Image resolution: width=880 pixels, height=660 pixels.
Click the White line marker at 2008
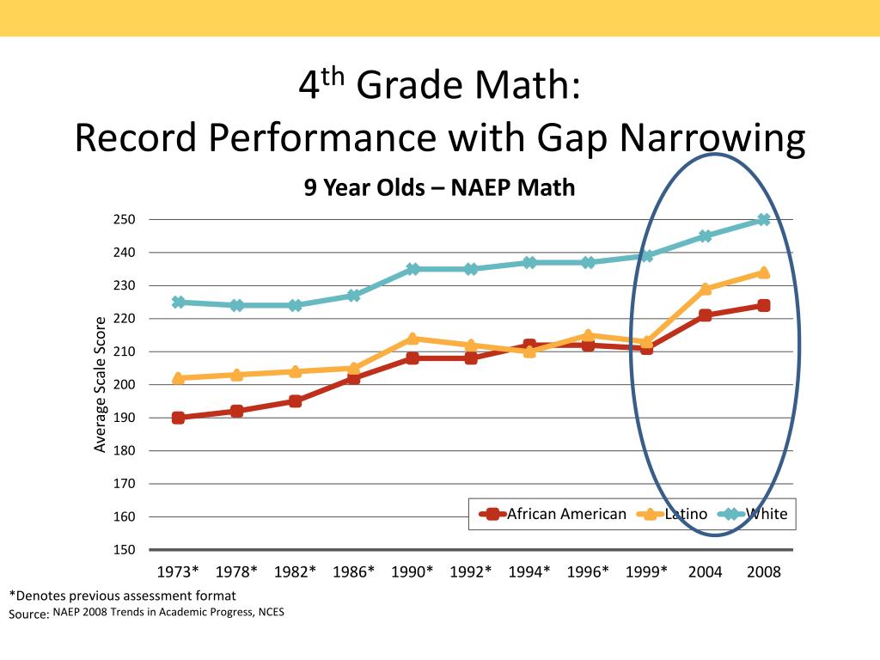pyautogui.click(x=763, y=219)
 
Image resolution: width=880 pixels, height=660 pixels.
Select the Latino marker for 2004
pyautogui.click(x=706, y=289)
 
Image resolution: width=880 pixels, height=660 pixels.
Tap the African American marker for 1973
pyautogui.click(x=178, y=418)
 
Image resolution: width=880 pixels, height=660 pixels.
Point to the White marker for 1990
pyautogui.click(x=412, y=269)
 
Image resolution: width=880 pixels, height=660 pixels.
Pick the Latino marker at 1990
pyautogui.click(x=412, y=339)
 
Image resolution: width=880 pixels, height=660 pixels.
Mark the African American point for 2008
pyautogui.click(x=763, y=305)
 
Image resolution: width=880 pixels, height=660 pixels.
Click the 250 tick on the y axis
pyautogui.click(x=125, y=219)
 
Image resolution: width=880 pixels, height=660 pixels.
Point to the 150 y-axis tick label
pyautogui.click(x=125, y=550)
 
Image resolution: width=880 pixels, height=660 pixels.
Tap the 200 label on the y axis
pyautogui.click(x=125, y=385)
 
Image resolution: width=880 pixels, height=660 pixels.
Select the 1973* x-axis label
pyautogui.click(x=178, y=572)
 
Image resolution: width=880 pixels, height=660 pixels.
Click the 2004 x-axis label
pyautogui.click(x=705, y=572)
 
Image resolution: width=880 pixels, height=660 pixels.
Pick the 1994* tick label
pyautogui.click(x=529, y=572)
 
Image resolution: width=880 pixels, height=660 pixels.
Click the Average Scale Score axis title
pyautogui.click(x=100, y=384)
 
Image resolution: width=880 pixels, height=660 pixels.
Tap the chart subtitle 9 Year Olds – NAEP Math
pyautogui.click(x=439, y=187)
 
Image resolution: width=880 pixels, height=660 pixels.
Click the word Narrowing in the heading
pyautogui.click(x=714, y=137)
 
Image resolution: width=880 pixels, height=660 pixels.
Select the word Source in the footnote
pyautogui.click(x=27, y=614)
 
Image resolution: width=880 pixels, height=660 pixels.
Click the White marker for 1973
pyautogui.click(x=178, y=302)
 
